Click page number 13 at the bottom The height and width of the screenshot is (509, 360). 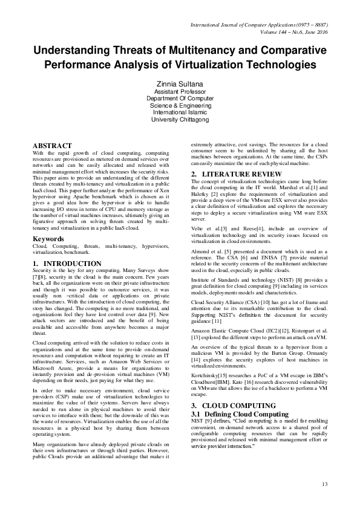point(324,484)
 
